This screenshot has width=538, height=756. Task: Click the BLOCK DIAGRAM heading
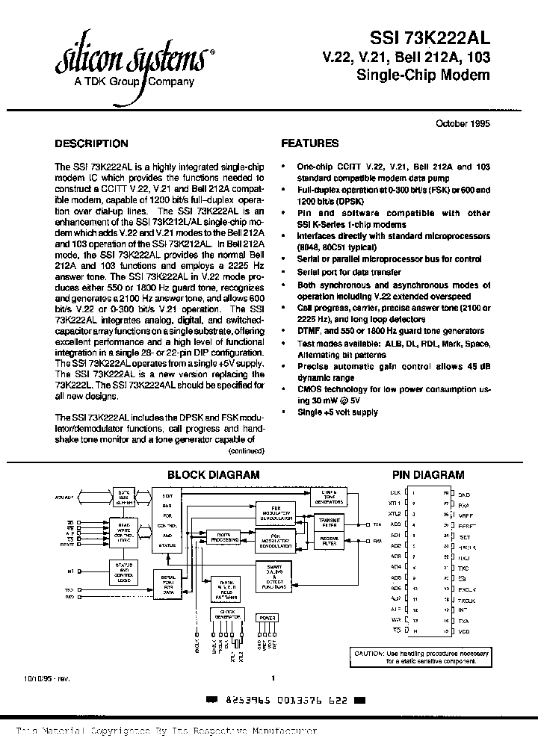tap(213, 475)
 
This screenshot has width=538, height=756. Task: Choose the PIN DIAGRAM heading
tap(428, 475)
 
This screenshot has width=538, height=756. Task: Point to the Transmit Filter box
tap(330, 522)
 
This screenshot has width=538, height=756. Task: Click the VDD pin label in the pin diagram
tap(464, 630)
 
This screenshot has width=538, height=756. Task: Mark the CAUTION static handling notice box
tap(422, 657)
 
